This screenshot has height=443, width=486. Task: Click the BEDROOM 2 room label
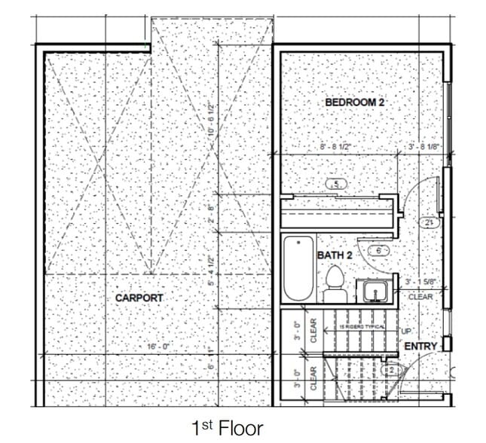coord(355,102)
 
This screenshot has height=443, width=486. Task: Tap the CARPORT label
coord(139,298)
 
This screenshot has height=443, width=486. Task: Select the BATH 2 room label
coord(334,255)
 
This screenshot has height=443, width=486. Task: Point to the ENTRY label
coord(421,346)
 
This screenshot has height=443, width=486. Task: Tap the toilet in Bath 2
coord(335,280)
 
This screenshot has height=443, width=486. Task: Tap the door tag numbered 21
coord(429,223)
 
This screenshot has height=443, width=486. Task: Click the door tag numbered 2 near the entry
coord(390,370)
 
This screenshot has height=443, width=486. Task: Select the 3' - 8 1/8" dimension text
coord(423,147)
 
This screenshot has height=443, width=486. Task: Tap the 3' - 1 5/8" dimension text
coord(420,283)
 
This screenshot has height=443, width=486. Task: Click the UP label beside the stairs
coord(405,331)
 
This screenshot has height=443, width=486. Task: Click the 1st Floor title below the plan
coord(227,428)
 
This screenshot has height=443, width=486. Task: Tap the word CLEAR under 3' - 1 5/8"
coord(420,297)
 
